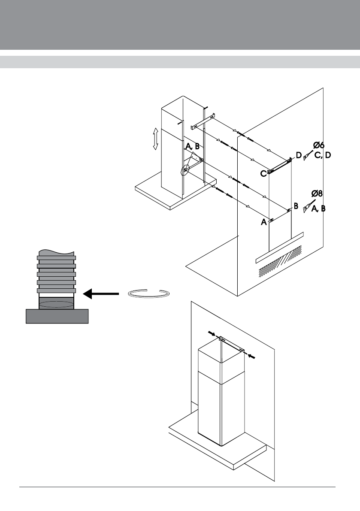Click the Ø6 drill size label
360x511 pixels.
tap(319, 145)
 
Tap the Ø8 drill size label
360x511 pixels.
tap(317, 193)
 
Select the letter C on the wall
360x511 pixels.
tap(263, 174)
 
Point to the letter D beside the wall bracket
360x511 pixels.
tap(298, 155)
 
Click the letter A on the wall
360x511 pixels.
tap(264, 222)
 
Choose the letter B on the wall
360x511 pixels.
tap(296, 206)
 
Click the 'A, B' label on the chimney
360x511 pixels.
tap(192, 147)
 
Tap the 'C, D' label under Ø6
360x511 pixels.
tap(323, 155)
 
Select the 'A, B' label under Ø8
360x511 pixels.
tap(318, 209)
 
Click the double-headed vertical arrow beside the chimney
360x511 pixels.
tap(155, 139)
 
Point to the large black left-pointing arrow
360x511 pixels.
tap(101, 293)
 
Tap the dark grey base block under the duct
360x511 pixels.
tap(57, 316)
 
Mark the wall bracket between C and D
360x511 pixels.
tap(279, 166)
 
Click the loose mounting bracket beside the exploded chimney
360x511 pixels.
tap(203, 121)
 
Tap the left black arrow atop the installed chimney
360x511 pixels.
tap(212, 333)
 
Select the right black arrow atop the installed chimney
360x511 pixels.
tap(251, 357)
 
